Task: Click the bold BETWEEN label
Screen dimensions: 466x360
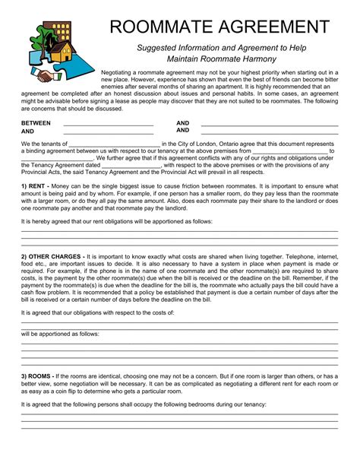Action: [36, 123]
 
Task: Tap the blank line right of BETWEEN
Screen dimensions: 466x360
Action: [109, 124]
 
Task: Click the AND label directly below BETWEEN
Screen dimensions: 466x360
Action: [28, 132]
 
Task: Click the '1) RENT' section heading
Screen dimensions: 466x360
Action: [35, 185]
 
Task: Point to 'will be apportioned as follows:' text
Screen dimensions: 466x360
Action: [60, 334]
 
